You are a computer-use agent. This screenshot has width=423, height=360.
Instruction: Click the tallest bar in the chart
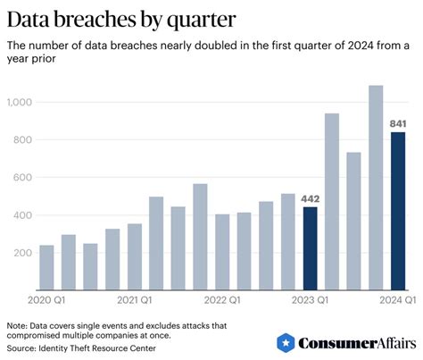(376, 188)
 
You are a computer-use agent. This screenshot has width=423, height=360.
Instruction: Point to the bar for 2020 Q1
(46, 267)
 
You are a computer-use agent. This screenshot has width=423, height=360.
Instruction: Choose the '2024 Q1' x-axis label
(395, 300)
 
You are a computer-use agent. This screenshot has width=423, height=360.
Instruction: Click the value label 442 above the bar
(310, 198)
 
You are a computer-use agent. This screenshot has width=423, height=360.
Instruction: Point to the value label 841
(398, 123)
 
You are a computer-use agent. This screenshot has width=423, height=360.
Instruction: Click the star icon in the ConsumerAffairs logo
(286, 342)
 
